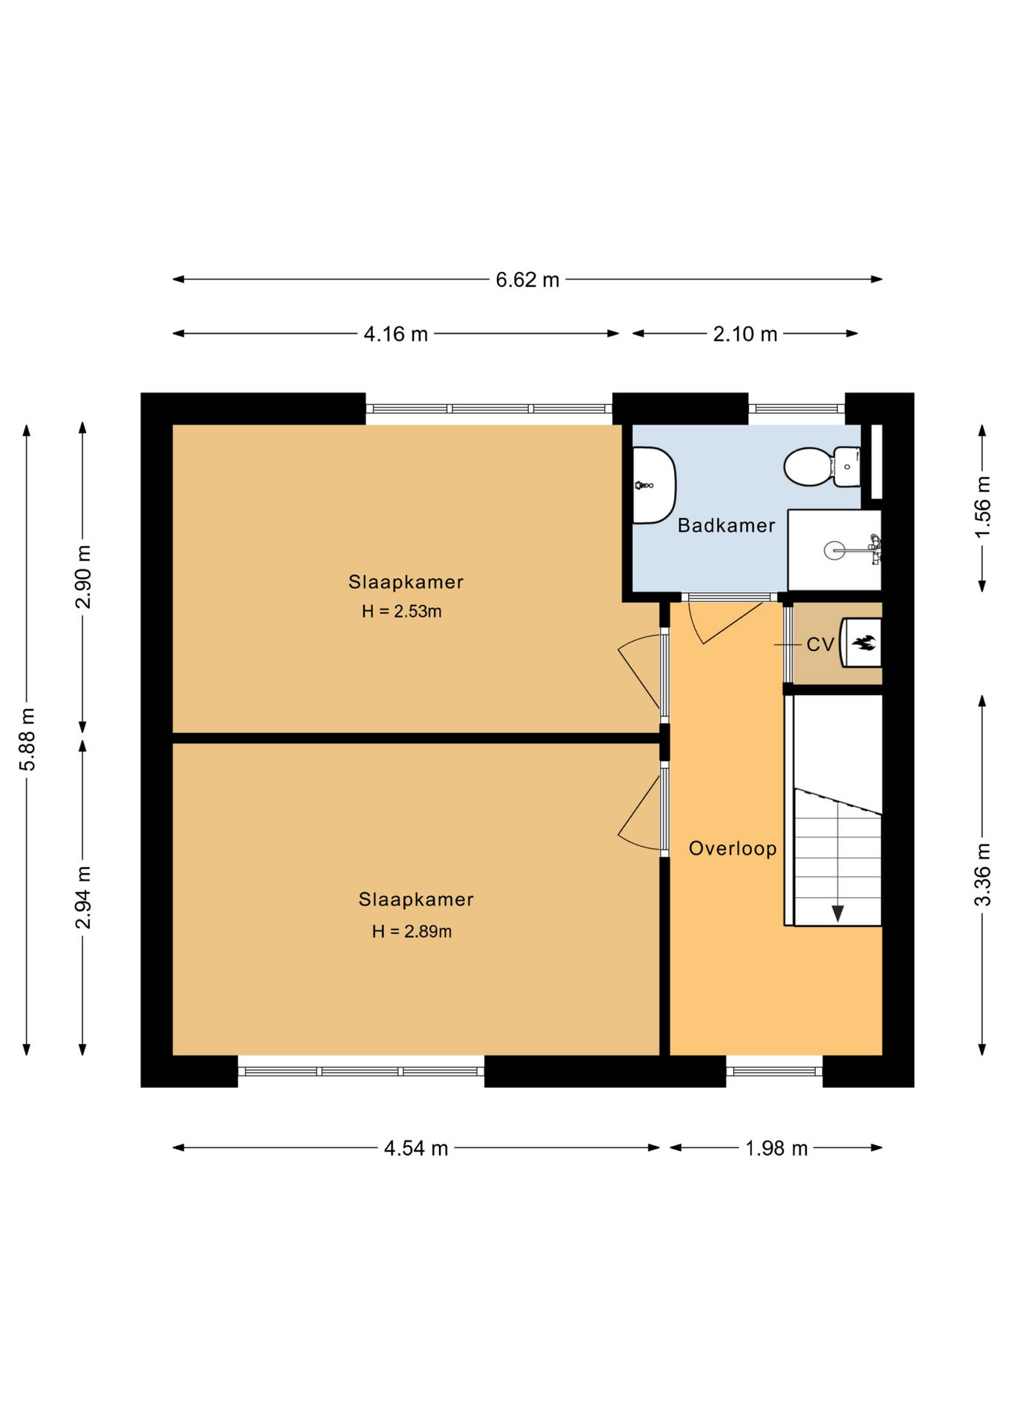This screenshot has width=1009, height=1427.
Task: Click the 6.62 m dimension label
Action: click(x=528, y=280)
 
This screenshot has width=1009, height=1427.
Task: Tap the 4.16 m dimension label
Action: click(x=396, y=334)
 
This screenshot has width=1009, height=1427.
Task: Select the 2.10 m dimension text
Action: click(x=745, y=334)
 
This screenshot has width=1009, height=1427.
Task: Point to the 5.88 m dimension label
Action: click(x=27, y=740)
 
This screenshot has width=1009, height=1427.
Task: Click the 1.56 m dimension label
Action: click(x=982, y=507)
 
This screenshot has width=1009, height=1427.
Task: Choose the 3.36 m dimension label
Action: click(x=982, y=875)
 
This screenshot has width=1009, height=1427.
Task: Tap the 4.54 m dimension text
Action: click(x=416, y=1148)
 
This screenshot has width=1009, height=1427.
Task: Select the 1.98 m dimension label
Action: click(x=776, y=1148)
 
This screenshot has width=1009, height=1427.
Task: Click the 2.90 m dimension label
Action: click(x=83, y=577)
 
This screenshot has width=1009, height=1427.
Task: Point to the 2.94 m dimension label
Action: click(x=83, y=897)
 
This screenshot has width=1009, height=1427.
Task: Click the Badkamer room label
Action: click(x=726, y=525)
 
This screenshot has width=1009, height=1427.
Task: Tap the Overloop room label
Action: click(x=733, y=848)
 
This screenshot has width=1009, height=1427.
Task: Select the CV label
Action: click(x=820, y=644)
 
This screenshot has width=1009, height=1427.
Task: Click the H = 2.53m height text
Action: click(x=402, y=612)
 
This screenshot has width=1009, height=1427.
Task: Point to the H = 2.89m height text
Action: click(x=412, y=931)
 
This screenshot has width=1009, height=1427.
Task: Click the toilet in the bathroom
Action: click(x=823, y=466)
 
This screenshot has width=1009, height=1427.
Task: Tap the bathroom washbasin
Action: click(x=654, y=485)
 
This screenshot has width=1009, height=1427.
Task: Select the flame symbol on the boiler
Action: click(x=863, y=643)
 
